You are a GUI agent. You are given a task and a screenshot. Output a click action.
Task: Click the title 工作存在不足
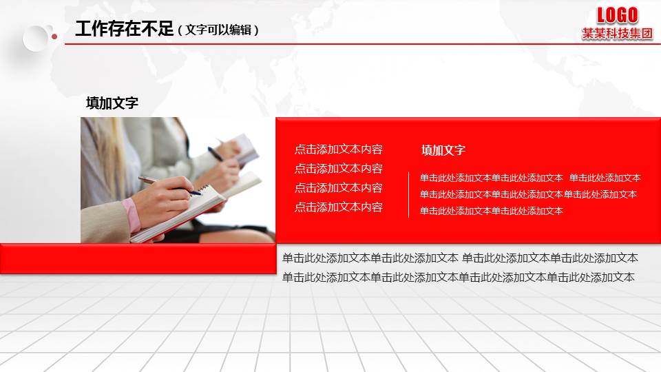(x=124, y=29)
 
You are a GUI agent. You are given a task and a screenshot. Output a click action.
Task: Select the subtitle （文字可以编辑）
(x=218, y=30)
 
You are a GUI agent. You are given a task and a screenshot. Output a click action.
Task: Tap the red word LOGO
(x=617, y=15)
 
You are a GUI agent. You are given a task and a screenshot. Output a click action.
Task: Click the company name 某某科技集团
(x=617, y=34)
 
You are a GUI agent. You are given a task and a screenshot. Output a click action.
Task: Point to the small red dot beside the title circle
(x=54, y=36)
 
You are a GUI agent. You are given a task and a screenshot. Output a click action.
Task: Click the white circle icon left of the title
(x=35, y=39)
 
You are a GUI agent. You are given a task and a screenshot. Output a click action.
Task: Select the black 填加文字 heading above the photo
(x=112, y=103)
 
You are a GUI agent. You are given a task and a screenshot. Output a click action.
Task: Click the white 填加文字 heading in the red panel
(x=443, y=150)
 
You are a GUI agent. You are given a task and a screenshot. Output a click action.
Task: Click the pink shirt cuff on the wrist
(x=132, y=216)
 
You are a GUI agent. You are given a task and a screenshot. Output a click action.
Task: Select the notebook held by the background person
(x=244, y=148)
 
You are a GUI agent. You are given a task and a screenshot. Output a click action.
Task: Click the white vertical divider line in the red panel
(x=408, y=194)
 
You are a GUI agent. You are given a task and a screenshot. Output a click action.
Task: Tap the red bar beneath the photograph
(x=138, y=258)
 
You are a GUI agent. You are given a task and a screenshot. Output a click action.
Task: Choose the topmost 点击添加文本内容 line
(x=339, y=149)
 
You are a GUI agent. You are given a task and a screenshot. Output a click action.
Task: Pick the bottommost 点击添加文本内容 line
(x=339, y=207)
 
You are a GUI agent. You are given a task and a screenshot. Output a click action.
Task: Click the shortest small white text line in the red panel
(x=492, y=211)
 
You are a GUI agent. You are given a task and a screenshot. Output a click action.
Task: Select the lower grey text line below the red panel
(x=459, y=278)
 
